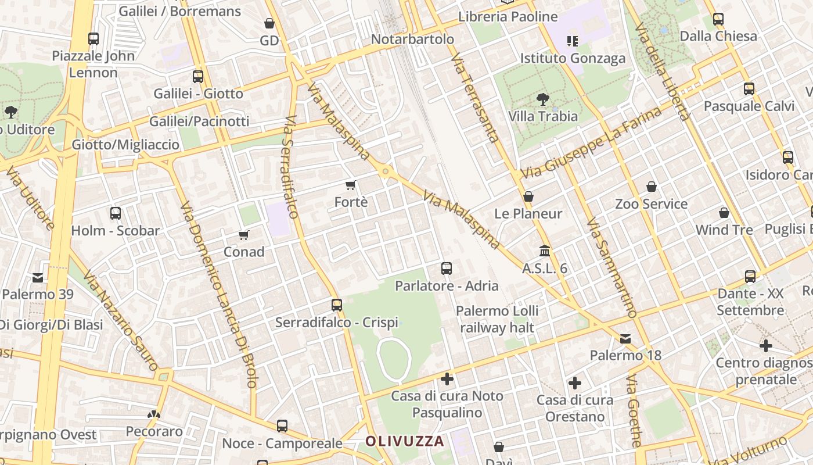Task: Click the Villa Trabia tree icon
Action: point(543,99)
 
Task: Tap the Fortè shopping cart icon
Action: point(350,185)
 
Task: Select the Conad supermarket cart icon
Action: point(244,235)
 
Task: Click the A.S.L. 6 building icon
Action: point(545,251)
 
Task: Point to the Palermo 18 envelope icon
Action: point(625,338)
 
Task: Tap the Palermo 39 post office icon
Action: point(38,277)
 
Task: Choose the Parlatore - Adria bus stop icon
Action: point(447,269)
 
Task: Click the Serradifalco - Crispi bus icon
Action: point(337,305)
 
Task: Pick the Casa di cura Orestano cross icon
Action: point(575,383)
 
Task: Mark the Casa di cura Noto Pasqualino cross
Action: point(447,379)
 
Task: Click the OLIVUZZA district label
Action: point(404,441)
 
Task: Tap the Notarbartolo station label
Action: point(412,40)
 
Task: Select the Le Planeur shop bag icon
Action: point(528,197)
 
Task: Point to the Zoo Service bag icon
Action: point(652,187)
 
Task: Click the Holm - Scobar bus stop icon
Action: point(116,213)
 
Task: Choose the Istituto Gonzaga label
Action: point(573,58)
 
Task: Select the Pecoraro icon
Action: point(154,414)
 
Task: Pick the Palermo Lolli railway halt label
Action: point(497,319)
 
